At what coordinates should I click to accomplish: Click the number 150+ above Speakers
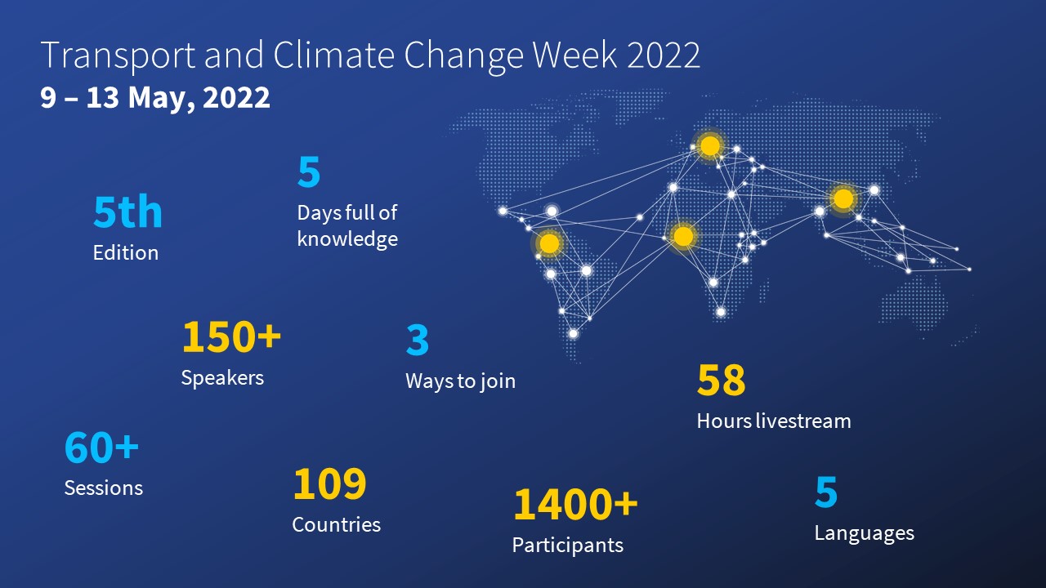pos(231,336)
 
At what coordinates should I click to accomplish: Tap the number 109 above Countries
pos(329,483)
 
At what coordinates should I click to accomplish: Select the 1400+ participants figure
pos(575,505)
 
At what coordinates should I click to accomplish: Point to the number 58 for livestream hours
pos(721,381)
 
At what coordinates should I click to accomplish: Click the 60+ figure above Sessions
pos(102,448)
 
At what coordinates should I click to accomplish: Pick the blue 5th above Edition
pos(127,212)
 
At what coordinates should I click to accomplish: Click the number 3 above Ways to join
pos(418,340)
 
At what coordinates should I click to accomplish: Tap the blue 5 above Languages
pos(826,492)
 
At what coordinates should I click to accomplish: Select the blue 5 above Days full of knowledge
pos(309,171)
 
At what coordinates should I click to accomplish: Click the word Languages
pos(865,533)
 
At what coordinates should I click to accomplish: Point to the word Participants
pos(568,546)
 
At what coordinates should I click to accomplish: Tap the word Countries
pos(336,525)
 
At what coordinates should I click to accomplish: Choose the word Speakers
pos(222,378)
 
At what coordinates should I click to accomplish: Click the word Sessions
pos(104,488)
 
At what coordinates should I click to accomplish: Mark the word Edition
pos(126,253)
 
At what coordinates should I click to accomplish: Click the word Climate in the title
pos(334,55)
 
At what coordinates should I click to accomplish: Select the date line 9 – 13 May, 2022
pos(155,97)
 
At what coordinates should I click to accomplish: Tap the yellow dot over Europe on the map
pos(710,145)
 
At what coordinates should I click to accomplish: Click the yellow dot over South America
pos(549,243)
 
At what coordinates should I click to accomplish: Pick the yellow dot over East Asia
pos(843,198)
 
